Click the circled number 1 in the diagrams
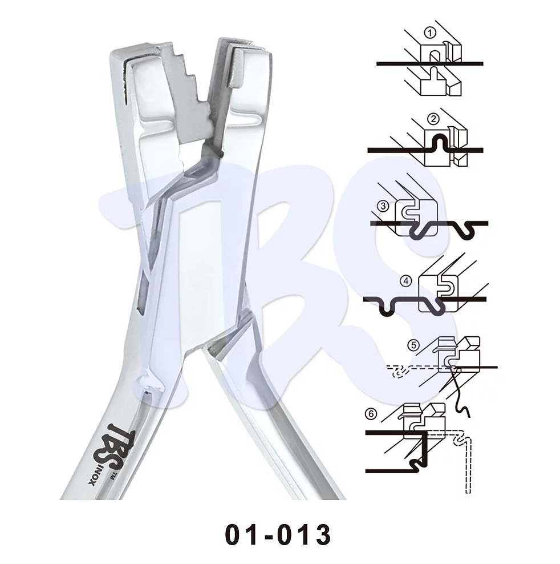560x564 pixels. [x=430, y=33]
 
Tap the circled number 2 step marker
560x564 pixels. [x=433, y=119]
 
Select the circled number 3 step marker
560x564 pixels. [x=383, y=207]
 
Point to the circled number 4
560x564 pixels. [x=406, y=280]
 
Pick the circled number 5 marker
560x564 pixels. [x=413, y=345]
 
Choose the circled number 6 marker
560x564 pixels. [x=371, y=414]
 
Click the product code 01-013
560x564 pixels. [x=278, y=534]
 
